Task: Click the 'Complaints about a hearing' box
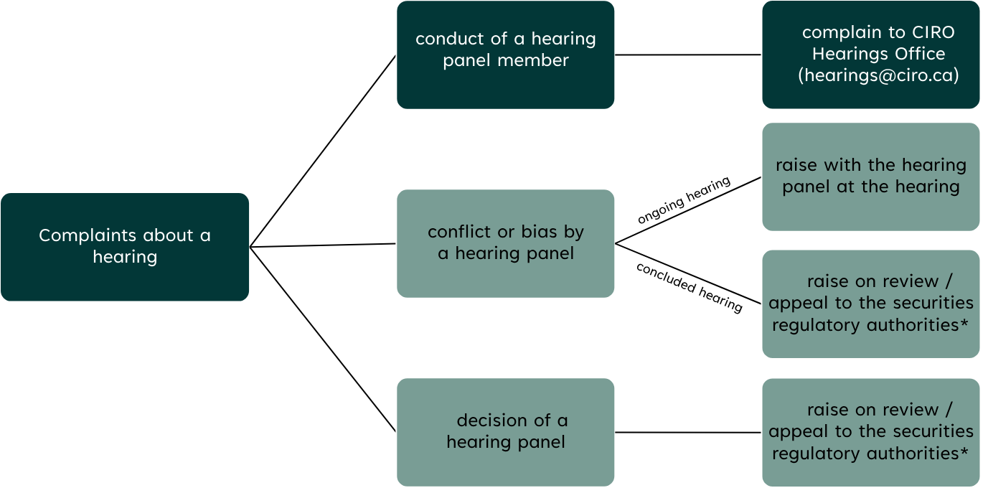(125, 246)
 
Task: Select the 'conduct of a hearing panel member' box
(505, 55)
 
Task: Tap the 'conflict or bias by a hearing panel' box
(505, 243)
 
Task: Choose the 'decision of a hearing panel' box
(505, 432)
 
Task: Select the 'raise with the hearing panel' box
(870, 177)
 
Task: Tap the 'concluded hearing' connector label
(689, 286)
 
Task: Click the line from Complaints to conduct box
(323, 151)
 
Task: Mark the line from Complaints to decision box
(323, 339)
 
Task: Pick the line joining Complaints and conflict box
(323, 245)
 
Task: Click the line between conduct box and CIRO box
(687, 55)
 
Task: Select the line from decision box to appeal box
(687, 432)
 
